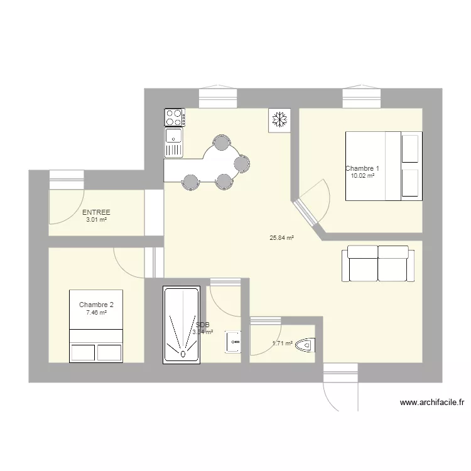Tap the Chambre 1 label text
coord(362,168)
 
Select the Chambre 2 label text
coord(96,305)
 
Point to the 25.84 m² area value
coord(282,238)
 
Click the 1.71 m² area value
coord(282,344)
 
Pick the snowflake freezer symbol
coord(279,119)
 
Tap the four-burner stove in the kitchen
coord(175,117)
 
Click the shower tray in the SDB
coord(182,325)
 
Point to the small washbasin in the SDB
coord(233,341)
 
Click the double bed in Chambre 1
coord(382,166)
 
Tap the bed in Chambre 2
coord(95,327)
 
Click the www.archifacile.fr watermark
coord(431,403)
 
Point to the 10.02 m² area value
coord(362,176)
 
